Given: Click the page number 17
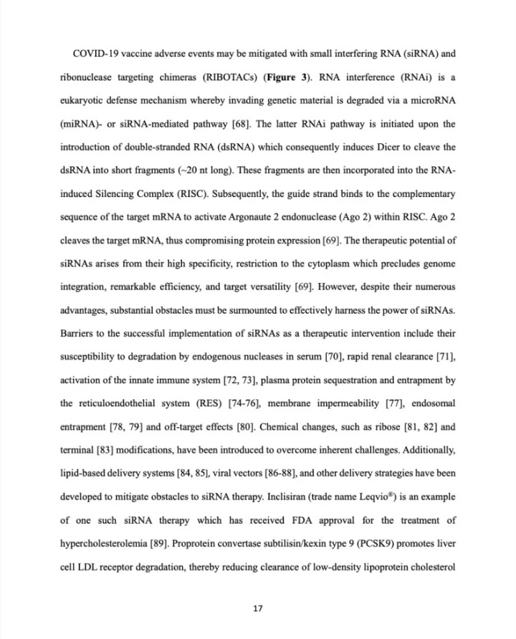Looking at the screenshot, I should coord(258,609).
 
